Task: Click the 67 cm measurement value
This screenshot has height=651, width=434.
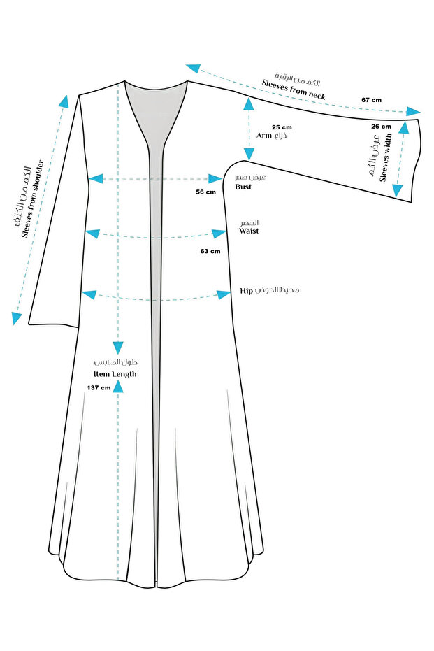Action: click(371, 100)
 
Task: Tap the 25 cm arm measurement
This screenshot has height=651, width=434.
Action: click(282, 127)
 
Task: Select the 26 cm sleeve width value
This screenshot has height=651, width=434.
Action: click(381, 127)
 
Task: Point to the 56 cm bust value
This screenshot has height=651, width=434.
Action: click(206, 192)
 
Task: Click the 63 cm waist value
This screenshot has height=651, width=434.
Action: click(210, 250)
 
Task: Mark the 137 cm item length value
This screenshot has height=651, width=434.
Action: click(99, 387)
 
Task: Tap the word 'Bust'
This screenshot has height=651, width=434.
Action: click(243, 187)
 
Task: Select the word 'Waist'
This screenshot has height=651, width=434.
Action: click(249, 231)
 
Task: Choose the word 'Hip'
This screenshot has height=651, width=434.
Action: click(246, 289)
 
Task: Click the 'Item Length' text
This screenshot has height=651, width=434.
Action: click(115, 374)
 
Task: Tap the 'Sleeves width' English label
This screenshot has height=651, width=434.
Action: click(386, 159)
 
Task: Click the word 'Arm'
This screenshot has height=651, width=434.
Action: click(263, 136)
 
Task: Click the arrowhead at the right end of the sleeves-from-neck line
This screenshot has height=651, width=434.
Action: click(415, 111)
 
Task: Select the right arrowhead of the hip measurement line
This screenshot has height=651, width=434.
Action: click(224, 294)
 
